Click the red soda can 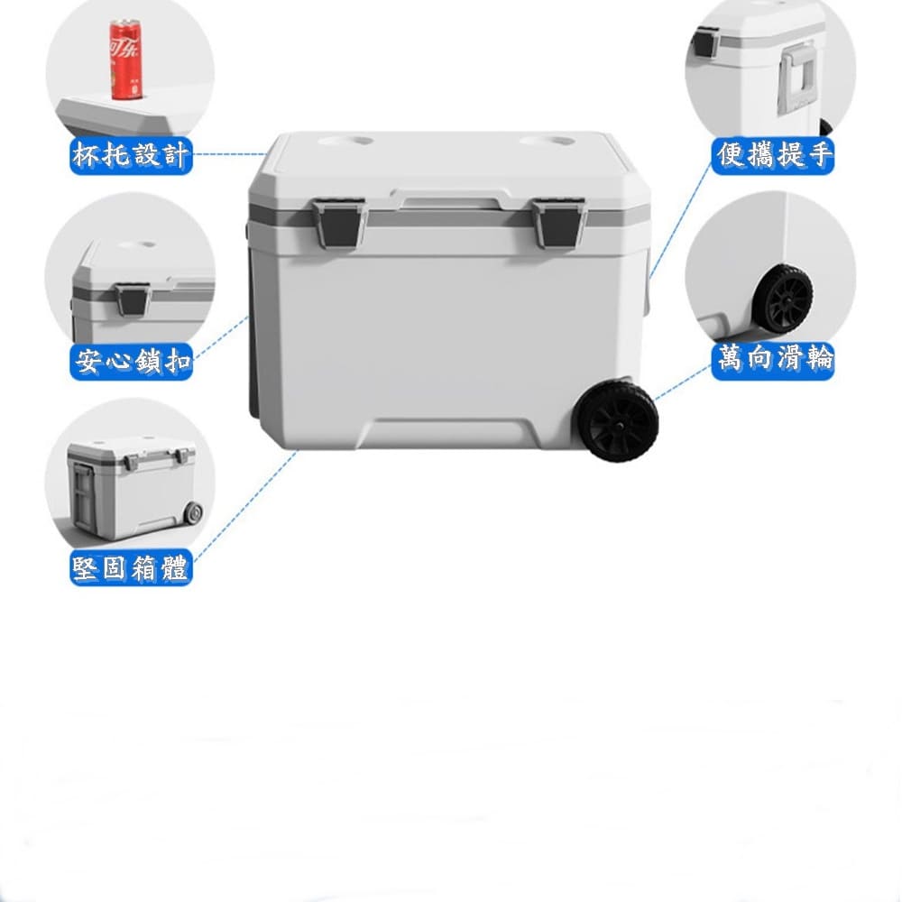[125, 60]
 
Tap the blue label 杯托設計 [131, 155]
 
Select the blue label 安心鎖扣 [131, 362]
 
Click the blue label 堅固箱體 [131, 567]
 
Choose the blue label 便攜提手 [773, 155]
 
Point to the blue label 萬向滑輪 [773, 362]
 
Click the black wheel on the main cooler [619, 420]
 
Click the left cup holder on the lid [345, 141]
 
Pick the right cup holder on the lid [548, 141]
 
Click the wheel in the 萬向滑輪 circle [783, 299]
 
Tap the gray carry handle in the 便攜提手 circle [798, 78]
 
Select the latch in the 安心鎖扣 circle [133, 299]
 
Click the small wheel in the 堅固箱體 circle [193, 513]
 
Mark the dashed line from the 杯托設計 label [230, 154]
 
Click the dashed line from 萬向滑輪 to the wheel [683, 381]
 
